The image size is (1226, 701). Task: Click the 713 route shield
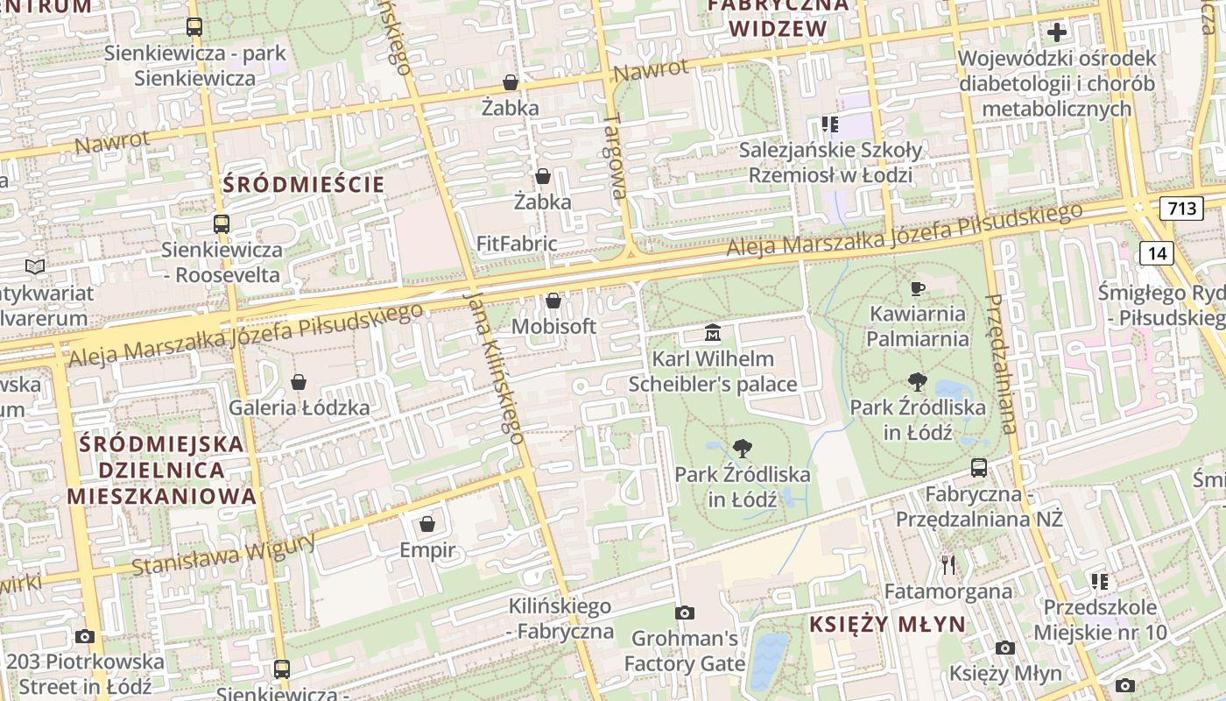(1181, 209)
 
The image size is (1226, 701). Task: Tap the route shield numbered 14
(1157, 253)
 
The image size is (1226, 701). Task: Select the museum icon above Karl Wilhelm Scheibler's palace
(713, 333)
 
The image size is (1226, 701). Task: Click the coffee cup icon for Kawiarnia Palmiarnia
(918, 288)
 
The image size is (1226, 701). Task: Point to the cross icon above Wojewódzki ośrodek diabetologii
(1057, 32)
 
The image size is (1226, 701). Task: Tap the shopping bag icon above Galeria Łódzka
(299, 382)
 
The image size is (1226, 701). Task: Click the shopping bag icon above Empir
(427, 524)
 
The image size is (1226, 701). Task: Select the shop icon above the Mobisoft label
(553, 301)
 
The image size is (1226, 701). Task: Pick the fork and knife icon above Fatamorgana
(948, 564)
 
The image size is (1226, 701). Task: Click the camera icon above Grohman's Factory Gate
(684, 612)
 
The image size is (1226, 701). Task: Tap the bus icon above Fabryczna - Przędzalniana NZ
(979, 468)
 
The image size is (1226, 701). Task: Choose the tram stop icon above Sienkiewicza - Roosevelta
(222, 223)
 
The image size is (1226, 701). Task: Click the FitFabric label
(517, 244)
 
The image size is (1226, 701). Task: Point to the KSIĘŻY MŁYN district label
(887, 625)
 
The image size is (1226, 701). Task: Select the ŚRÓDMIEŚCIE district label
(304, 185)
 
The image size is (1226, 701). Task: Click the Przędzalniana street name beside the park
(1001, 364)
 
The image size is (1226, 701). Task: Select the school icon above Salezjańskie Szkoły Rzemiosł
(829, 124)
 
